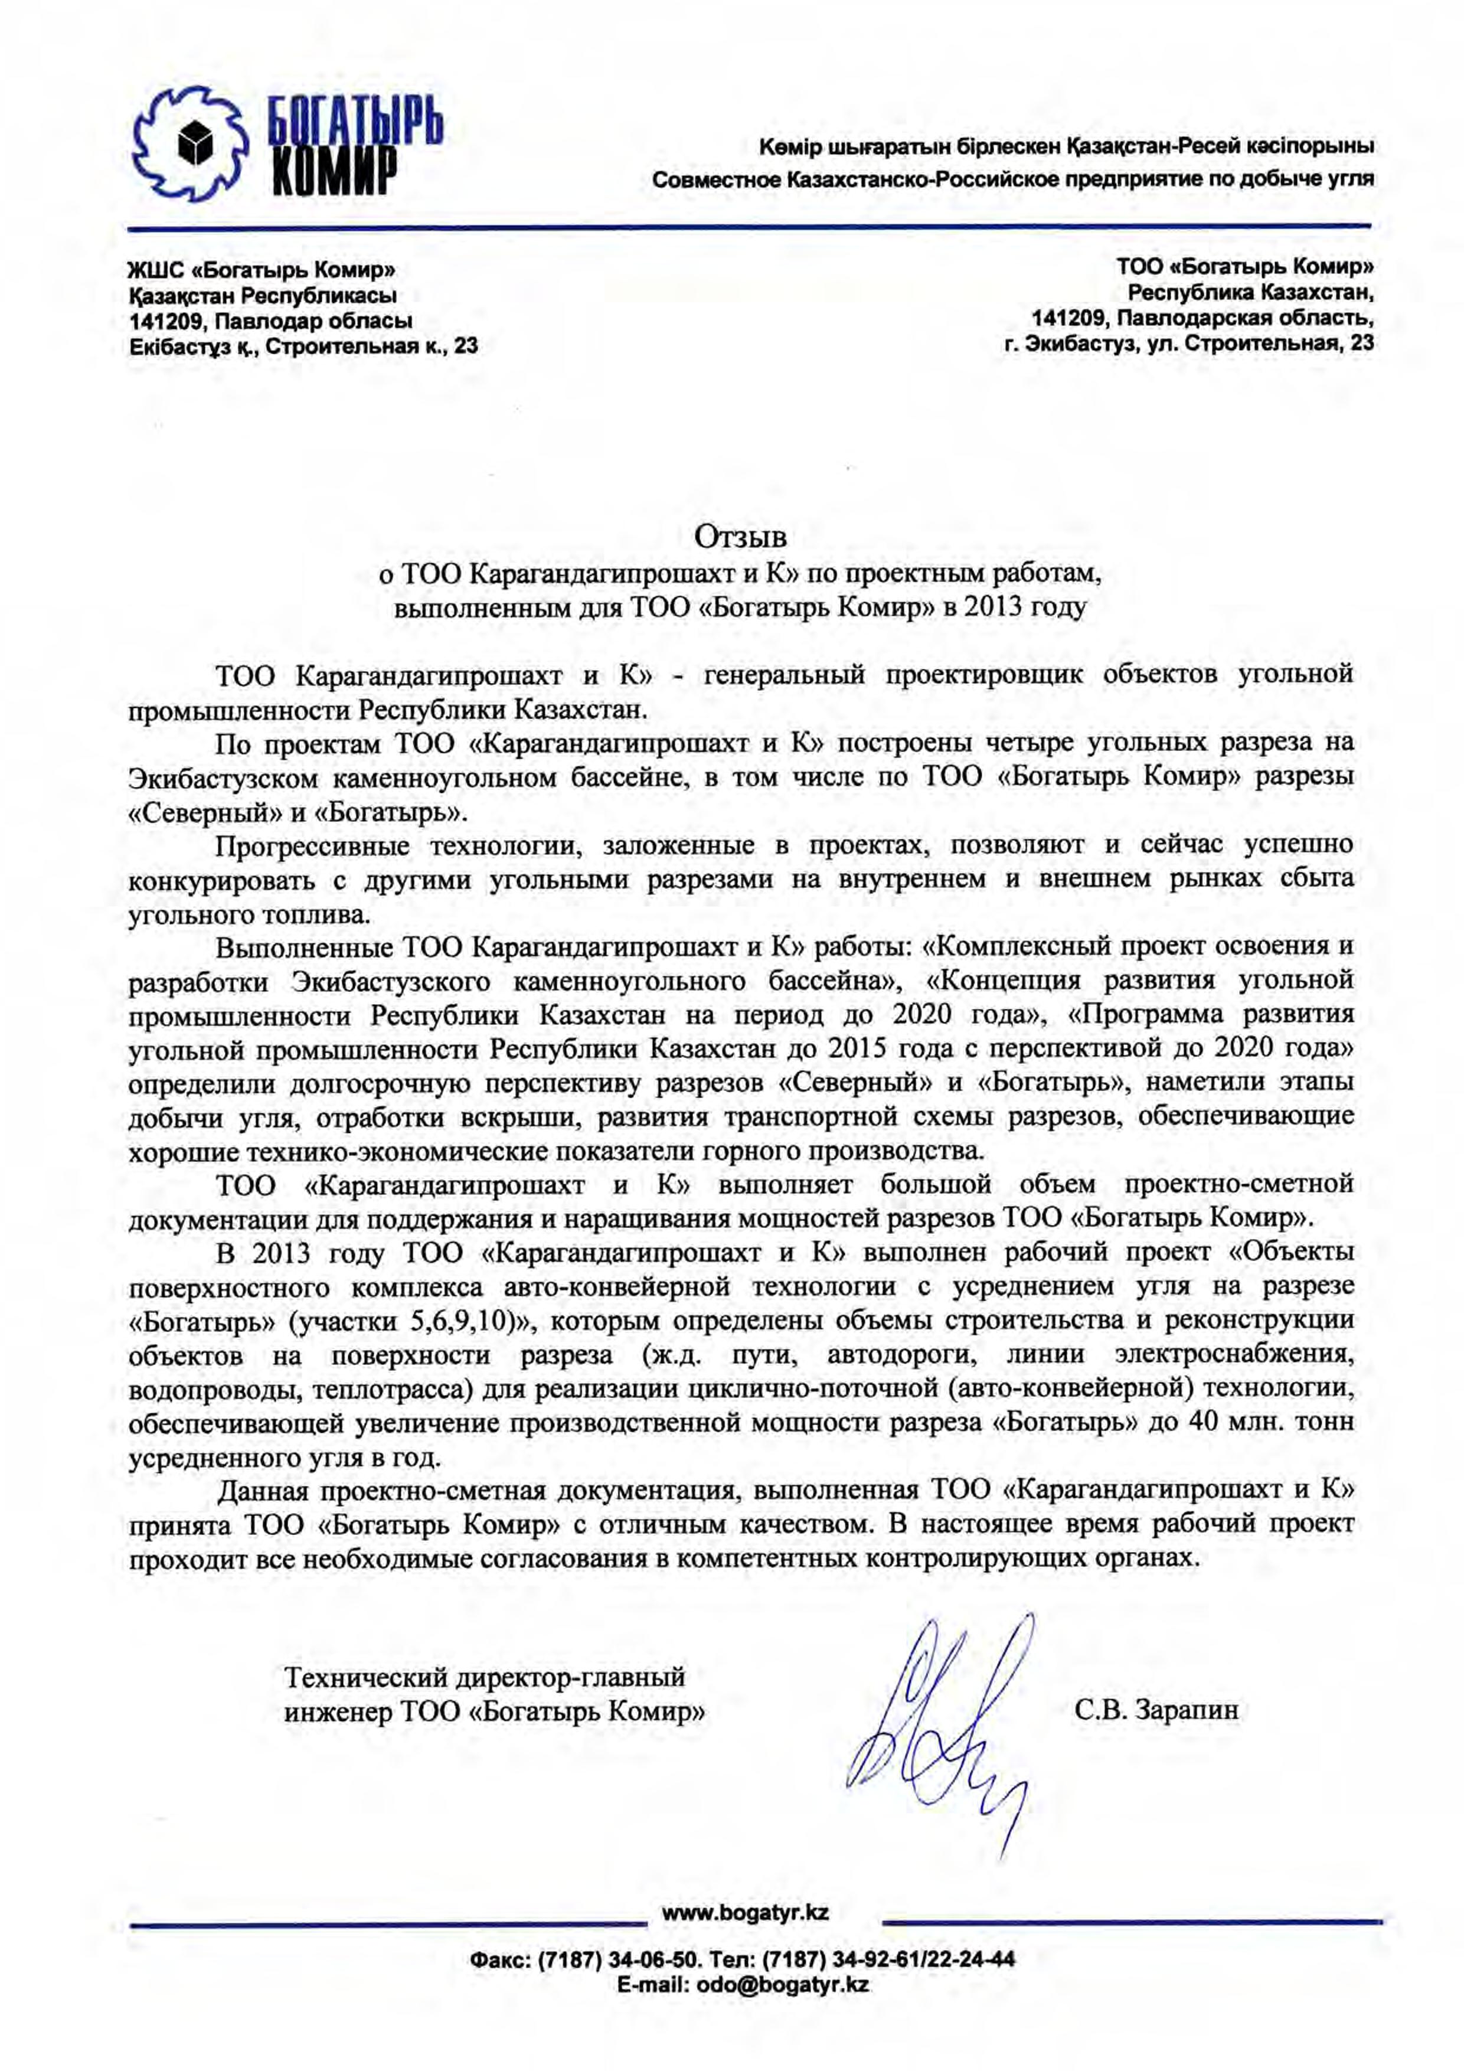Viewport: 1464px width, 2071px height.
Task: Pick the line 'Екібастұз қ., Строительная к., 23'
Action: click(x=303, y=345)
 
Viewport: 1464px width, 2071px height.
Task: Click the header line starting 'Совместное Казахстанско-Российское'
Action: click(x=1013, y=179)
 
